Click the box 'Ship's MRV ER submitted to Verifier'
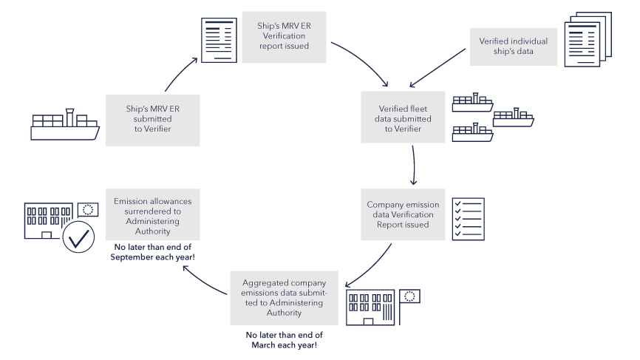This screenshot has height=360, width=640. tap(149, 119)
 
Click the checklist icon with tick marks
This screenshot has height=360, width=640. tap(468, 219)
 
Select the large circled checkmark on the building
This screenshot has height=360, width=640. tap(78, 236)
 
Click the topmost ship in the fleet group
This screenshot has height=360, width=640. tap(473, 102)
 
